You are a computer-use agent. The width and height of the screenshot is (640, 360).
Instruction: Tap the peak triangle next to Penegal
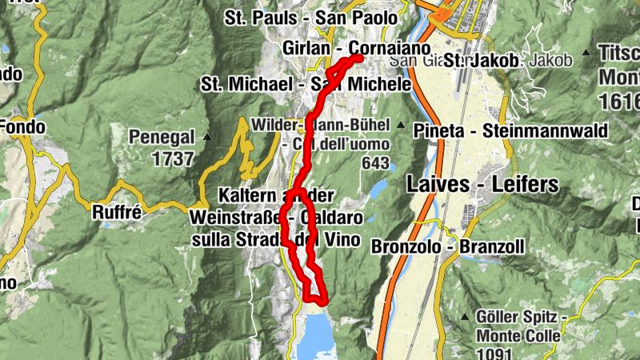tap(208, 137)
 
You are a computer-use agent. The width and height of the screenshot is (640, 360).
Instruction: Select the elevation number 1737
tap(172, 158)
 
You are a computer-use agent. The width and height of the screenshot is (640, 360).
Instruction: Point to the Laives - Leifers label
tap(482, 184)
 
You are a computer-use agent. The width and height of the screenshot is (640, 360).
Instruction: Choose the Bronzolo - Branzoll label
tap(448, 247)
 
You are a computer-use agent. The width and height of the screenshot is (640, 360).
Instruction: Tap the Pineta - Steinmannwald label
tap(510, 130)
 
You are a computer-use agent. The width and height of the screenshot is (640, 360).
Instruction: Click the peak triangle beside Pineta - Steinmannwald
tap(400, 126)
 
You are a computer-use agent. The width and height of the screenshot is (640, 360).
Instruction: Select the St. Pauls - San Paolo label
tap(310, 17)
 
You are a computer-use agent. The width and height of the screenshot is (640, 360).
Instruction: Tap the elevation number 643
tap(374, 163)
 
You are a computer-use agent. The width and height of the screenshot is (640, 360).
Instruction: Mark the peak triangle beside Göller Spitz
tap(464, 318)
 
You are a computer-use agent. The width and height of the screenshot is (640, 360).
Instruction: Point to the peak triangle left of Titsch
tap(587, 53)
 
